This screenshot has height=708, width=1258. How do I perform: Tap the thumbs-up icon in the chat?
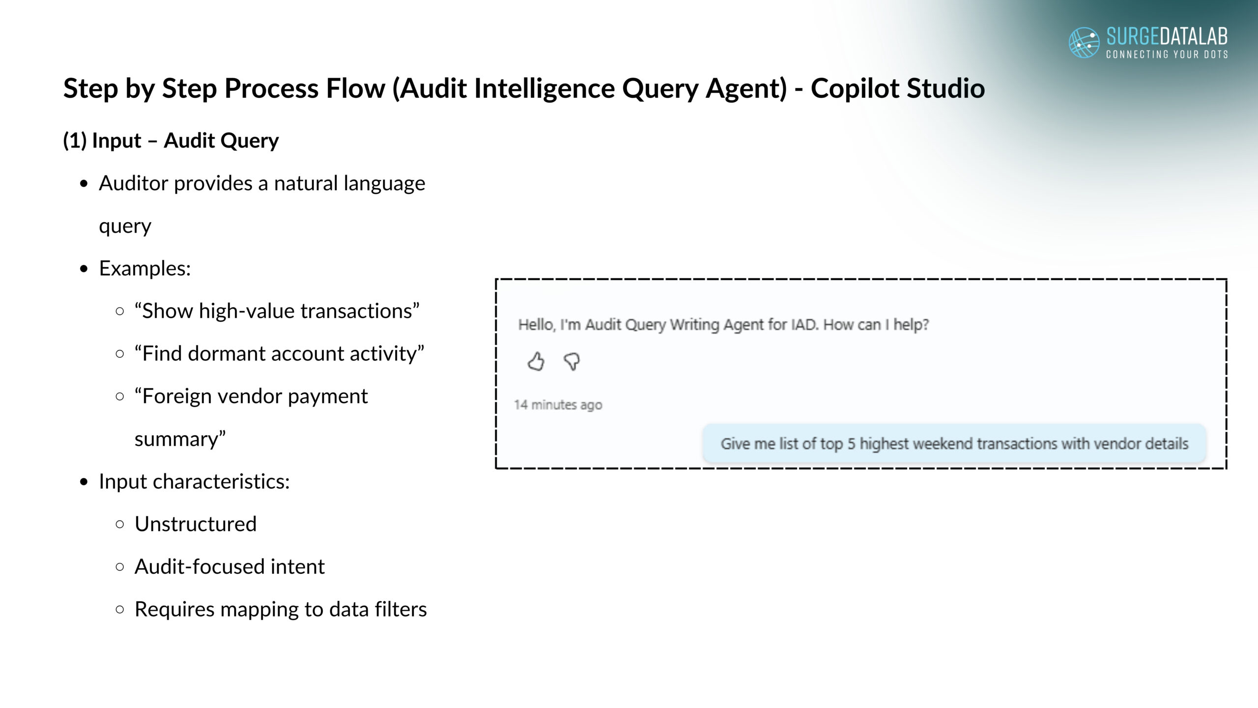click(536, 361)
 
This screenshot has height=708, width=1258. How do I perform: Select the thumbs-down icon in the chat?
click(572, 361)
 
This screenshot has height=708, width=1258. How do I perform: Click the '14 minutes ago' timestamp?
click(558, 405)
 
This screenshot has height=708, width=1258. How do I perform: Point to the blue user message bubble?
click(954, 443)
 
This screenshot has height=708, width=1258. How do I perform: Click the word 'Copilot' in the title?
click(855, 89)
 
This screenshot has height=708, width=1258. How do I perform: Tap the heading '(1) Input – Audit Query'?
click(171, 141)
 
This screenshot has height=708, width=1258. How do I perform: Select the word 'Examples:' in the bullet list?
click(145, 268)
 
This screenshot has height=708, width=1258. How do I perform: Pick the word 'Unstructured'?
click(196, 524)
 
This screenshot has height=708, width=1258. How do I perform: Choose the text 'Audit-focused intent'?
click(229, 566)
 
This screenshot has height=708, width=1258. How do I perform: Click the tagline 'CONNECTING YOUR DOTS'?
click(1167, 54)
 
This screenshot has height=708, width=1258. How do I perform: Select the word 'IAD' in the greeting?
click(804, 324)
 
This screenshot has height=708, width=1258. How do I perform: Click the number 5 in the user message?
click(851, 443)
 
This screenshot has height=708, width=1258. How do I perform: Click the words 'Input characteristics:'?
click(195, 481)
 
